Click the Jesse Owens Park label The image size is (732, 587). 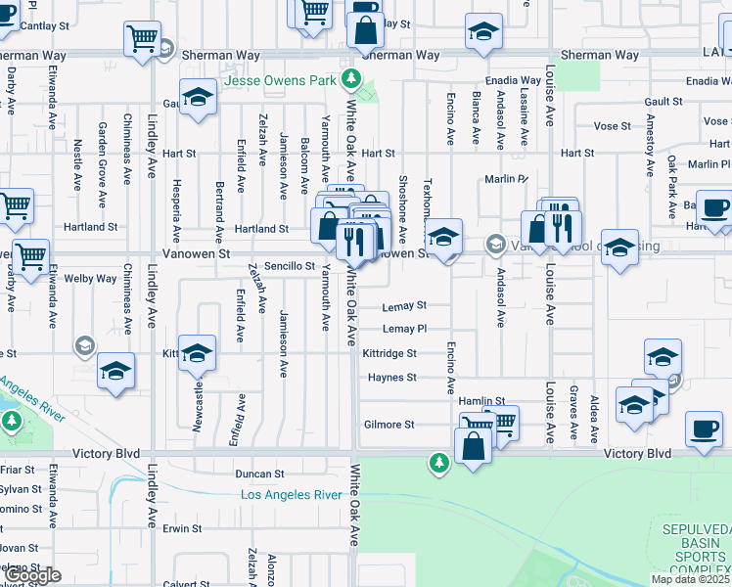[283, 81]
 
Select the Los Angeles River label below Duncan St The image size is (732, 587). [292, 495]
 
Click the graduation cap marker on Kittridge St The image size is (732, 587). [197, 353]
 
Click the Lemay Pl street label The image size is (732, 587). [405, 329]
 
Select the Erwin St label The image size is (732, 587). [182, 528]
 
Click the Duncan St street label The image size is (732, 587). [259, 474]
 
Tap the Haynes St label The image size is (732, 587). [391, 378]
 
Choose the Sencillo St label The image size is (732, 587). [290, 266]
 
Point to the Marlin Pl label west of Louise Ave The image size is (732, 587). [506, 179]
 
